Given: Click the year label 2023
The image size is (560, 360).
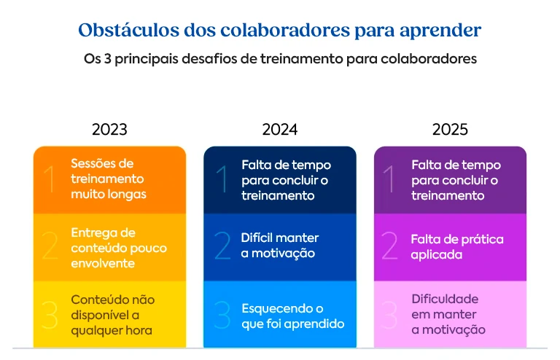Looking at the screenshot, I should coord(109,130).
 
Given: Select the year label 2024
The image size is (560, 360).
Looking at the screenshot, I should coord(280,130).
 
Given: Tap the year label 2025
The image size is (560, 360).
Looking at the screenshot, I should coord(450,130).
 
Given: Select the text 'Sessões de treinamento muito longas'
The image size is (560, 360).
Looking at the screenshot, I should coord(109,179).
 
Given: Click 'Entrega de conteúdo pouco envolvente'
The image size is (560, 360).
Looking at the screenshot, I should coord(119,248).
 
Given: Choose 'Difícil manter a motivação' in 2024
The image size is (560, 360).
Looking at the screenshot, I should coord(280,246).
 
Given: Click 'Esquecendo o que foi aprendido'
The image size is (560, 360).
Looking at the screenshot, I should coord(292,316).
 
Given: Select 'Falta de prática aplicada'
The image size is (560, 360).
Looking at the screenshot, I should coord(457,247).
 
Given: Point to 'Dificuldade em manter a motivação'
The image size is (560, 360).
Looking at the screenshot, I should coord(448,314).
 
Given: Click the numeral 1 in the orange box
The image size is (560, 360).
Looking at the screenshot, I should coord(50,180).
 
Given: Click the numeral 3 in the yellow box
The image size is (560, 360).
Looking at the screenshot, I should coord(50,315).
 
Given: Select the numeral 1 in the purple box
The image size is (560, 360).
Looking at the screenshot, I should coord(391,180).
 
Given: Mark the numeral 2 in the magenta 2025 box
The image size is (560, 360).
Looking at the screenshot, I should coord(391,247).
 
